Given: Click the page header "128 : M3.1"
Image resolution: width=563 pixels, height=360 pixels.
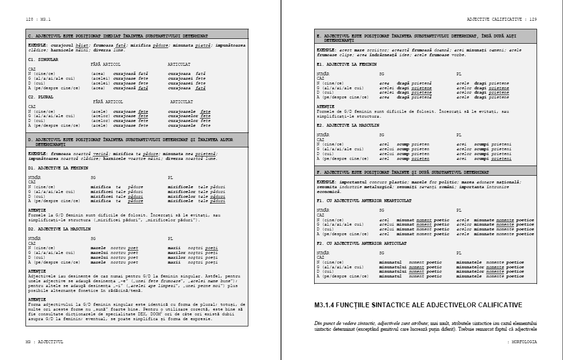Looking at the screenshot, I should point(38,19).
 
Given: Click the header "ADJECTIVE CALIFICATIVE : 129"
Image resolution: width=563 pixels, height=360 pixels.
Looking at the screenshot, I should point(502,19).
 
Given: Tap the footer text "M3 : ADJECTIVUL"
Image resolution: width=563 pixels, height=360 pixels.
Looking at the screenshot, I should point(44,342).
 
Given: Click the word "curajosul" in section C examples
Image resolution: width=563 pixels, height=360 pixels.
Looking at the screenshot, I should point(67,45).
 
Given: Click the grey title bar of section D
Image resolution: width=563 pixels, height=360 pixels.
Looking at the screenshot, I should point(137,142).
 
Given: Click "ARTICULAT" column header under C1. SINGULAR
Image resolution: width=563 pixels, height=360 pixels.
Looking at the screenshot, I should point(179,63).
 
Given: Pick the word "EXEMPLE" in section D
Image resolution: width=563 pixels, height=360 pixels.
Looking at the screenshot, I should point(38,154).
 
